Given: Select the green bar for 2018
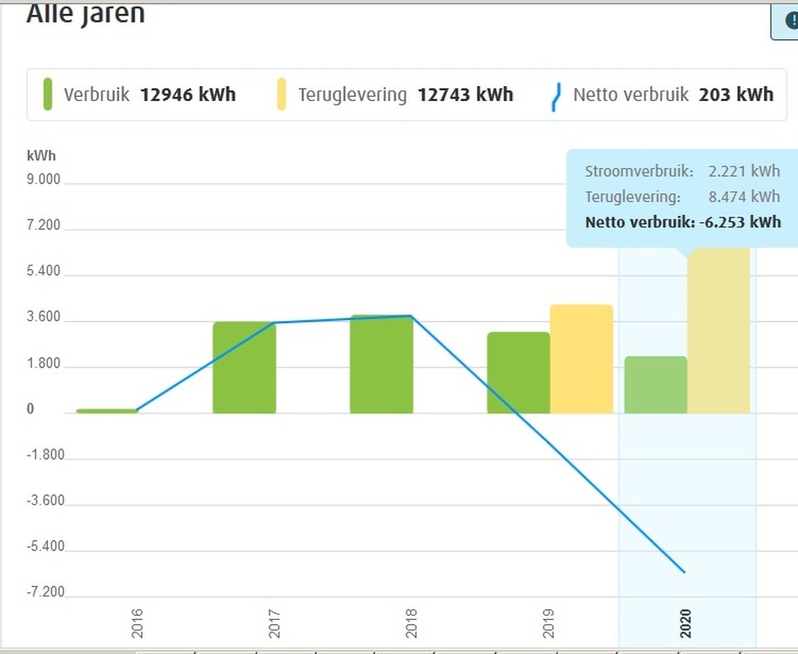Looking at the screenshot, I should point(381,364).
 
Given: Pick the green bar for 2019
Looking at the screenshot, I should point(519,372).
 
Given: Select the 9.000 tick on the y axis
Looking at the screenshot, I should point(44,179).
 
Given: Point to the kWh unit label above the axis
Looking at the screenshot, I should point(41,156).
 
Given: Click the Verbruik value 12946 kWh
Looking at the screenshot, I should point(187,94).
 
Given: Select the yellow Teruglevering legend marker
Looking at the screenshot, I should point(281,94).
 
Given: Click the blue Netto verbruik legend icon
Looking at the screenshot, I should point(557,94).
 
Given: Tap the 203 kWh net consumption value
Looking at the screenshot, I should point(735,94).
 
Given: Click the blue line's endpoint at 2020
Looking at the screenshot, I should point(685,572).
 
